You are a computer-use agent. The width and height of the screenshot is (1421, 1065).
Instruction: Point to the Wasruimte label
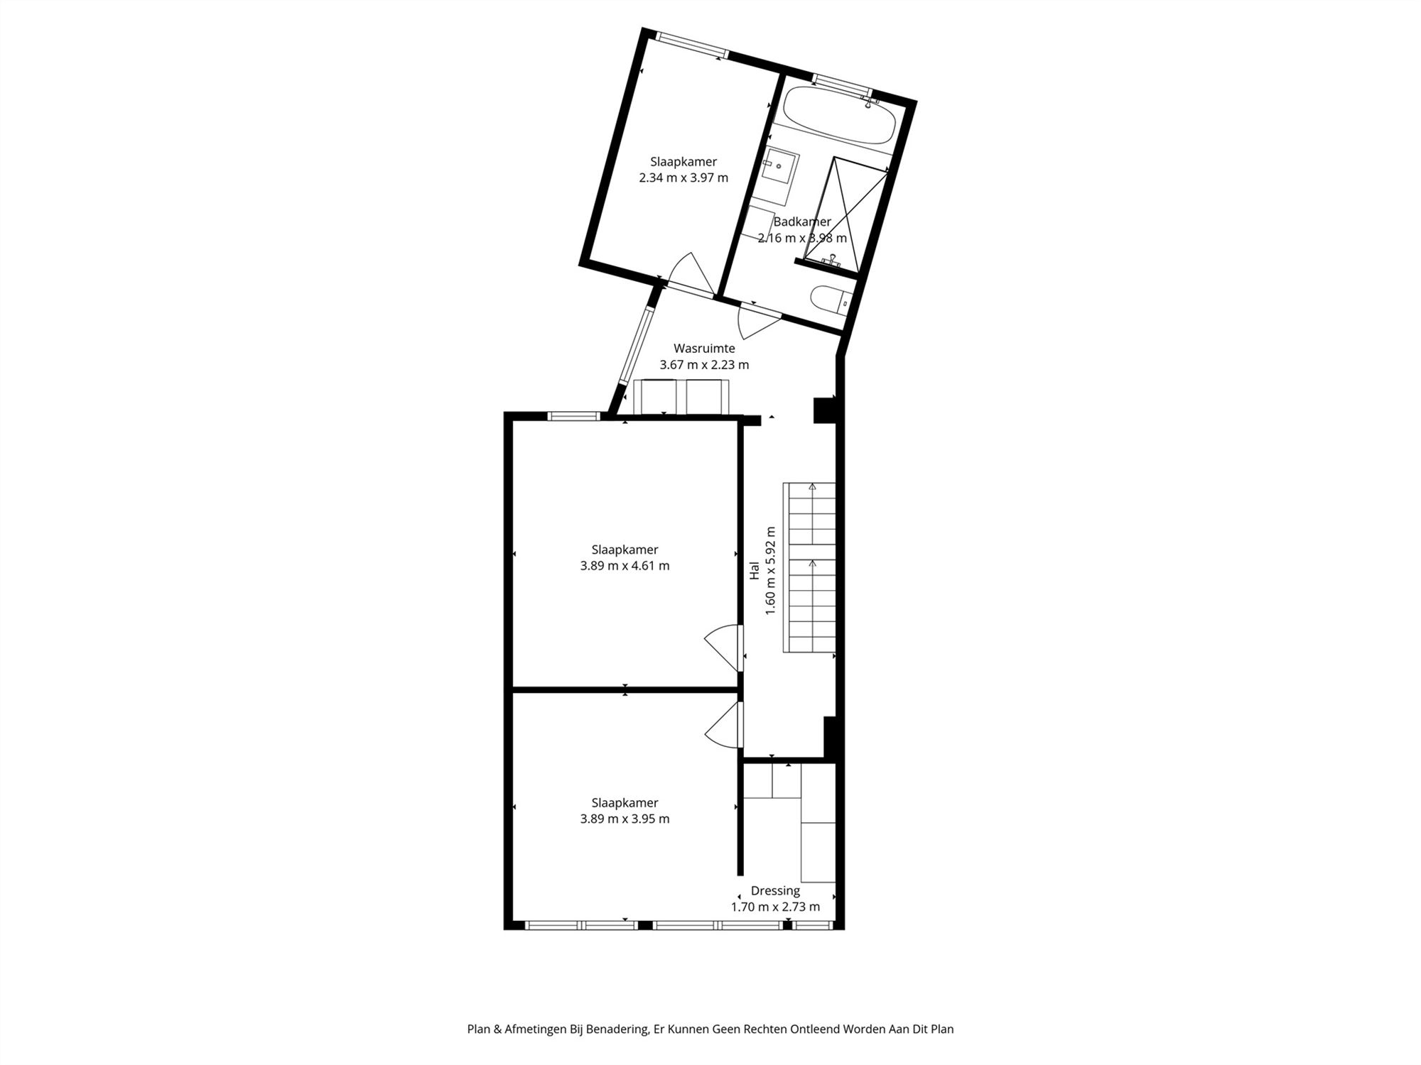(704, 349)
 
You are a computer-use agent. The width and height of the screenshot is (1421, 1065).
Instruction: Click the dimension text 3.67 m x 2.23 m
(704, 365)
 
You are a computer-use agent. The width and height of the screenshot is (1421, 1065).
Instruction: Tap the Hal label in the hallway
(755, 571)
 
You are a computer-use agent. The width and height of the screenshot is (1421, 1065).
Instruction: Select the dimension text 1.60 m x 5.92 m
(771, 571)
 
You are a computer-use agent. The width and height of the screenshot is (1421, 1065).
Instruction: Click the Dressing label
(775, 890)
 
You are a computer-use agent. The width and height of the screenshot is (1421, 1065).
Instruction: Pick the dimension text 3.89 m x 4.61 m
(625, 566)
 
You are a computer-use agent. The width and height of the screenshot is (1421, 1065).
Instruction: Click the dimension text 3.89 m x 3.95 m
(625, 819)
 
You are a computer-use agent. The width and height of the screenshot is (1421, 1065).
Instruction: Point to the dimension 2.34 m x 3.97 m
(684, 177)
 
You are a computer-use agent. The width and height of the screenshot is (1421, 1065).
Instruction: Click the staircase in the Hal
(809, 567)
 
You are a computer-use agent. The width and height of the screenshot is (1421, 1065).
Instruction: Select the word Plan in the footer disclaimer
(479, 1029)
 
